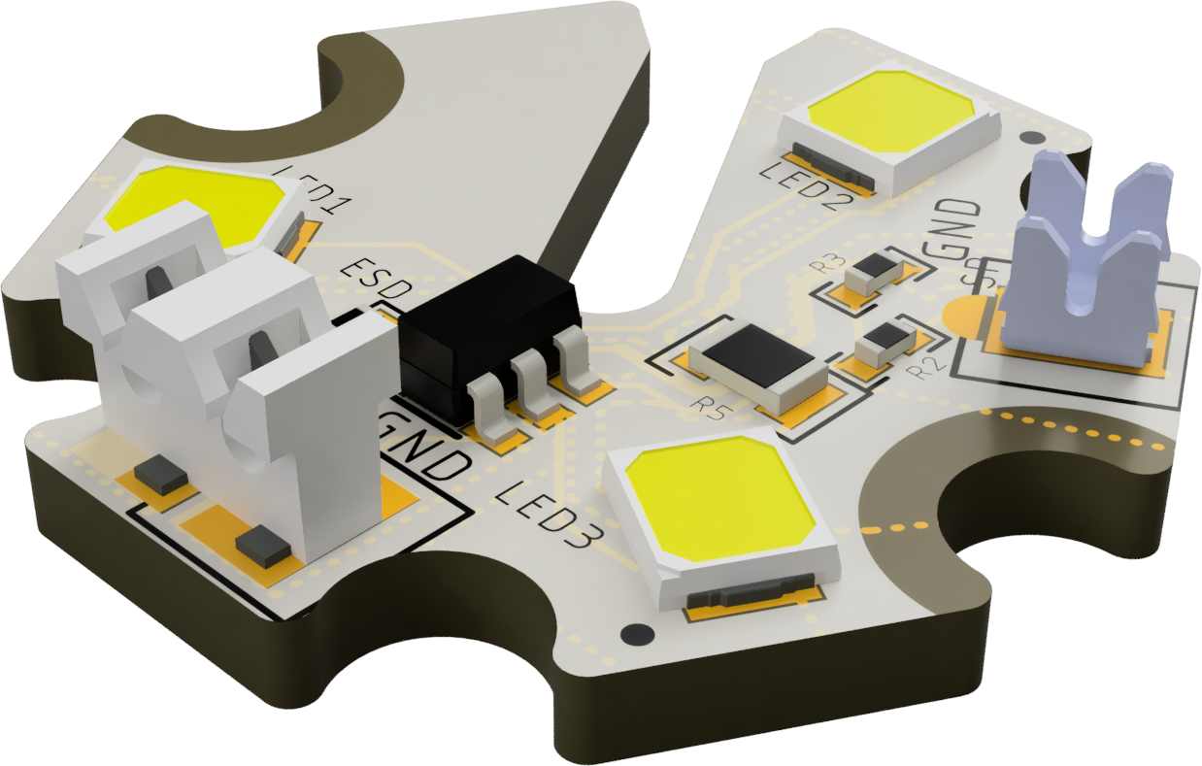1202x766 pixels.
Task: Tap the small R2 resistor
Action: click(885, 342)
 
